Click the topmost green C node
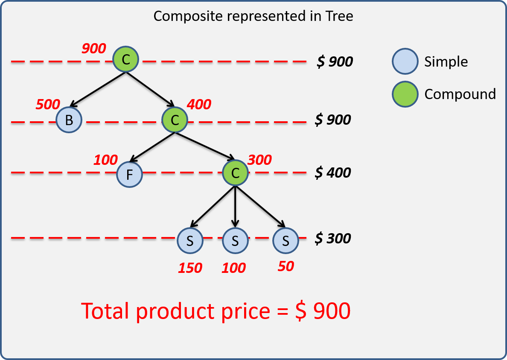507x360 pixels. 126,60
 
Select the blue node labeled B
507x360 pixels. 69,120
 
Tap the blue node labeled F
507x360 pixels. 129,175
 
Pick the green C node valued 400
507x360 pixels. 175,120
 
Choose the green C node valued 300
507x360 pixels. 235,173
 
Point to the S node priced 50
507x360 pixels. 286,241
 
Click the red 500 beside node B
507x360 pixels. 48,104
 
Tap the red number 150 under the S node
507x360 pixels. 190,268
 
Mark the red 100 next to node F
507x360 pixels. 105,160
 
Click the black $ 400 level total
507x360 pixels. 333,173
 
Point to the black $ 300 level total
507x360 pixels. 333,238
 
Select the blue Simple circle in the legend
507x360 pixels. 405,61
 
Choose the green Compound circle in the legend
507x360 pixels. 405,94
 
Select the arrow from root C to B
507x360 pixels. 98,89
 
